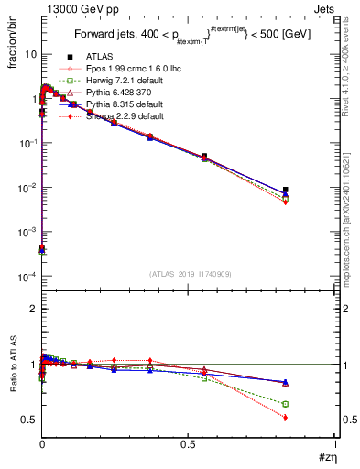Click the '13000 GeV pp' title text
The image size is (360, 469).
pos(74,8)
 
